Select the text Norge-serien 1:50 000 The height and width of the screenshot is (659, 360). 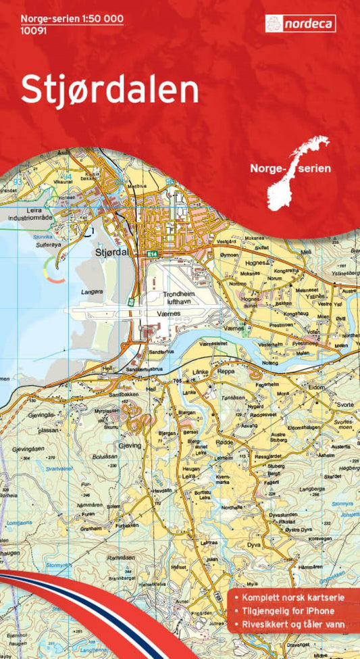pos(72,19)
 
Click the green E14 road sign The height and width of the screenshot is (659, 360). pos(153,253)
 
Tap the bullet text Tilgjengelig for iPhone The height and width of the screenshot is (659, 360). pos(290,612)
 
